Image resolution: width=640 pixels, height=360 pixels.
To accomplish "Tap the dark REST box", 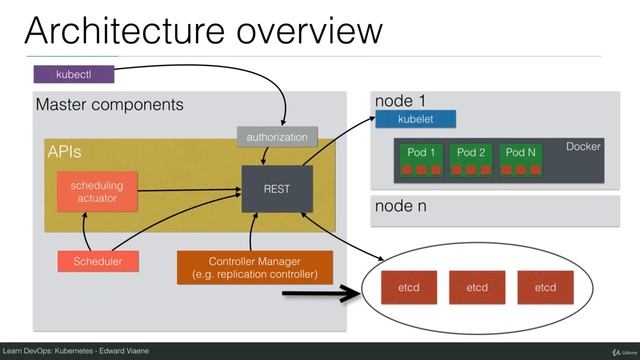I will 276,188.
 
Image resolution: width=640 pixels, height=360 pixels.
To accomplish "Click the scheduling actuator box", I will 96,191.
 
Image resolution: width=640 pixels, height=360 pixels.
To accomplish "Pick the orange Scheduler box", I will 97,262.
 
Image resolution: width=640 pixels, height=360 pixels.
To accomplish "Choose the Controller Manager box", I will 254,267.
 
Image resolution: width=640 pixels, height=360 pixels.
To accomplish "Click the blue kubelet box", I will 416,120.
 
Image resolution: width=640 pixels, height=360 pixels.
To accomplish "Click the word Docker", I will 583,147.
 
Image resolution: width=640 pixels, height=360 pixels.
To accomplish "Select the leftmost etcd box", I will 409,287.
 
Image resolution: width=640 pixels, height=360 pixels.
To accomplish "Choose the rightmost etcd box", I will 545,287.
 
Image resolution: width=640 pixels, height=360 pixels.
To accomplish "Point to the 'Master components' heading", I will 109,104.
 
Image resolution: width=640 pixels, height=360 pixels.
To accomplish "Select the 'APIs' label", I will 66,152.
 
